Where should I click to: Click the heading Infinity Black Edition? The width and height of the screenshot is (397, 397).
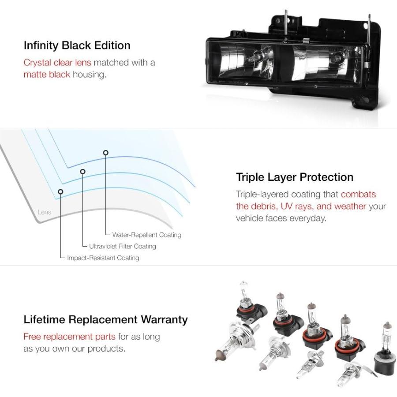tap(77, 45)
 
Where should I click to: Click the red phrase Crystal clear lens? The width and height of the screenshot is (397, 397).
tap(57, 62)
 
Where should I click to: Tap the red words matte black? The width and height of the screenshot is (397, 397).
tap(47, 75)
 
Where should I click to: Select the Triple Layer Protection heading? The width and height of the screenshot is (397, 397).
tap(295, 177)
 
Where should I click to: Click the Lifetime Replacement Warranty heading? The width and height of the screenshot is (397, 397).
tap(105, 319)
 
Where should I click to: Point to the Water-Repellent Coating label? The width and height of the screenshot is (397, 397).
tap(146, 235)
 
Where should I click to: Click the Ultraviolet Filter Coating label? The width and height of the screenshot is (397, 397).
tap(122, 246)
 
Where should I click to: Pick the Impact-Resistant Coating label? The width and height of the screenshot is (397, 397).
tap(103, 258)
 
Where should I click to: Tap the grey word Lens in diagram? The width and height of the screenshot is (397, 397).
tap(44, 212)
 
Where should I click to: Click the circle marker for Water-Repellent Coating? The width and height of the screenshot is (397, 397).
tap(106, 153)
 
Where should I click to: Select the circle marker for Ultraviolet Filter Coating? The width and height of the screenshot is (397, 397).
tap(82, 172)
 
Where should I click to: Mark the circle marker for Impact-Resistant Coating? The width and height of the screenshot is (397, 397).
tap(60, 192)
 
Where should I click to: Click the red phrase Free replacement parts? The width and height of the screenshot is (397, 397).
tap(69, 337)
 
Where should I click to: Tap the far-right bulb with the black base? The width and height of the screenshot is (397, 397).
tap(384, 348)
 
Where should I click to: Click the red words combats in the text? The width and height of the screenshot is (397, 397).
tap(358, 195)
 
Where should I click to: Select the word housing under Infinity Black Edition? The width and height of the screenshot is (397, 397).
tap(90, 75)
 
